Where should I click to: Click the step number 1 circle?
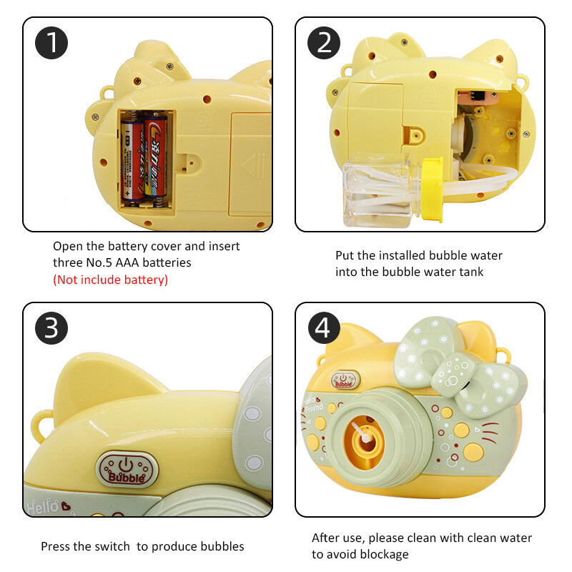(51, 43)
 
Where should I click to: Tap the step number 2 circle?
(324, 43)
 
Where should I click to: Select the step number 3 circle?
(51, 328)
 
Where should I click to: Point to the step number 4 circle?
(324, 328)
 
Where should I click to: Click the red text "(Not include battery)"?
(111, 280)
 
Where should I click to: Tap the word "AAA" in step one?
(128, 262)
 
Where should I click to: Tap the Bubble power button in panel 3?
(127, 470)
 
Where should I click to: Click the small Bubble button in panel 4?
(345, 380)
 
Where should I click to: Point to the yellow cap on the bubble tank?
(433, 189)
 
